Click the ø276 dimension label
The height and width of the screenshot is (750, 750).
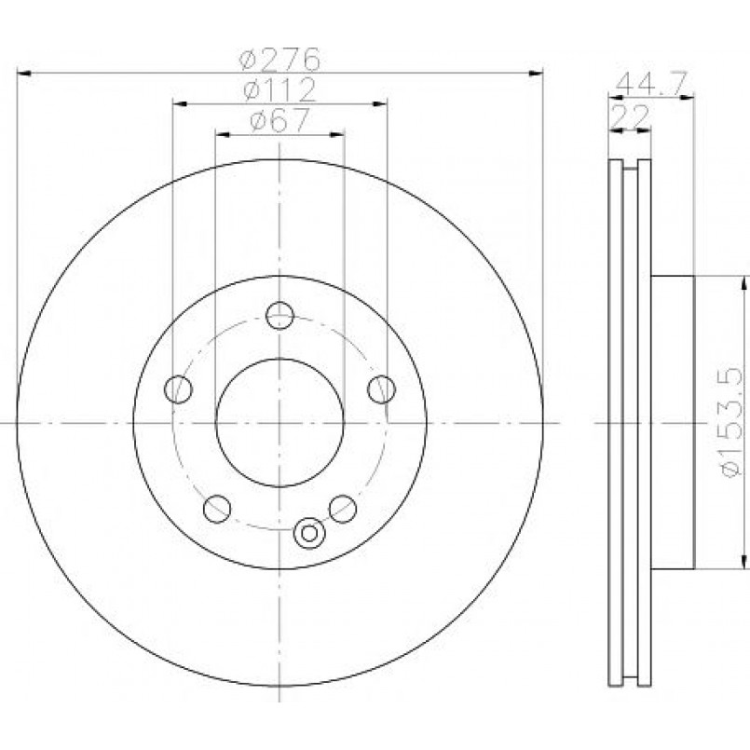point(280,59)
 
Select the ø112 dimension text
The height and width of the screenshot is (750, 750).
point(280,89)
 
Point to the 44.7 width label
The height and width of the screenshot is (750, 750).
point(651,84)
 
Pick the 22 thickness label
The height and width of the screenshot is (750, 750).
point(631,116)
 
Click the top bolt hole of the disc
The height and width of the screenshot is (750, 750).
point(280,315)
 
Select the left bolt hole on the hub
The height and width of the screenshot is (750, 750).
point(178,389)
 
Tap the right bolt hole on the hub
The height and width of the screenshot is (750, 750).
point(381,389)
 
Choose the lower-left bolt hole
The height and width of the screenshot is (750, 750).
point(217,509)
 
